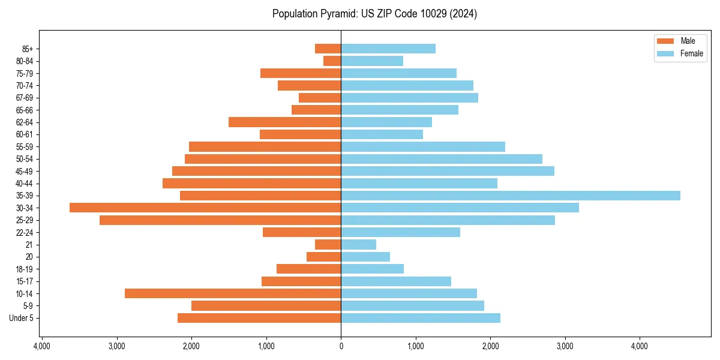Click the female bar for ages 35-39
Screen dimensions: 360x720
coord(510,196)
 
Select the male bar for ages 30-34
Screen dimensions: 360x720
coord(205,208)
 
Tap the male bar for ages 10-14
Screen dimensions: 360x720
coord(233,293)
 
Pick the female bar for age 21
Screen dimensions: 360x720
coord(358,245)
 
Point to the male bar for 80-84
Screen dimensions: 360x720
coord(332,61)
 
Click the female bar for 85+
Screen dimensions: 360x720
coord(388,49)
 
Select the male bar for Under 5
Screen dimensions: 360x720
coord(259,318)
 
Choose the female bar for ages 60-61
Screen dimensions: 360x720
coord(382,134)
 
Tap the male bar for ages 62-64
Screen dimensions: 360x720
coord(284,122)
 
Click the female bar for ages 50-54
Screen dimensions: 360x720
coord(441,159)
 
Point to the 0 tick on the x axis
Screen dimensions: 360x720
coord(341,346)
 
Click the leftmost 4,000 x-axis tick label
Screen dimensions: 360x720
coord(42,346)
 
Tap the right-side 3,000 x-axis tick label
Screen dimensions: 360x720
coord(565,346)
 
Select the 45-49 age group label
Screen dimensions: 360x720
coord(24,171)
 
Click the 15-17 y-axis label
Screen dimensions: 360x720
coord(24,281)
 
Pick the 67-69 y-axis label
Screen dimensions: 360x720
coord(24,98)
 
